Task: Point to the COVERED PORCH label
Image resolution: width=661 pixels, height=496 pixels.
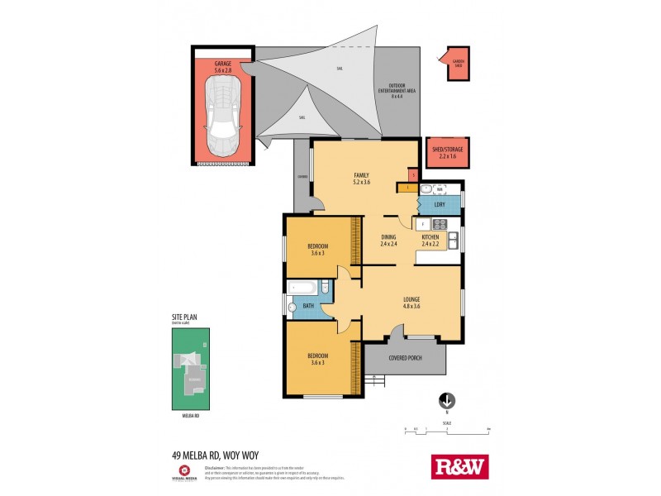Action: coord(405,358)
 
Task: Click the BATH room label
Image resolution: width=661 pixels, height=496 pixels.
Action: coord(307,306)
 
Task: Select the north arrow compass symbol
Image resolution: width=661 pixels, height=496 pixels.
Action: coord(446,399)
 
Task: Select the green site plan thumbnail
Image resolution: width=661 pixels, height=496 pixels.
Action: coord(192,368)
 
